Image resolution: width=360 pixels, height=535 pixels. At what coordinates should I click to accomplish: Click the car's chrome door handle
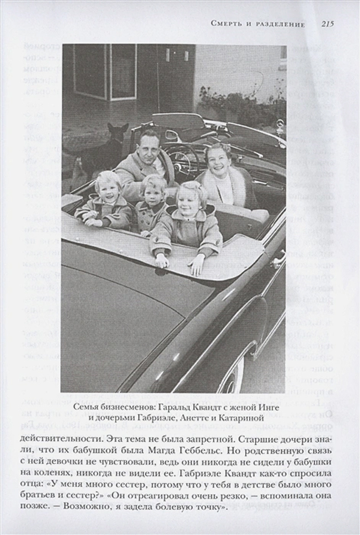click(277, 260)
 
